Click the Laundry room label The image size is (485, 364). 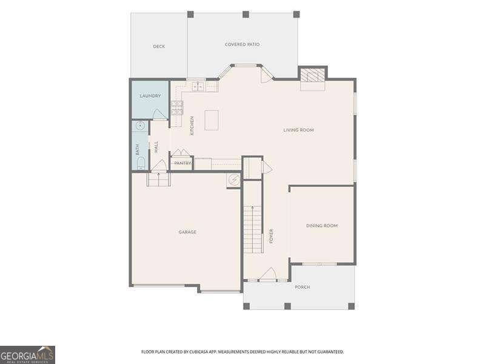[x=150, y=96]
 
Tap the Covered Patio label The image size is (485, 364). [x=242, y=44]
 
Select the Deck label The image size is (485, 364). [x=159, y=47]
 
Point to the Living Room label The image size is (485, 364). [x=298, y=130]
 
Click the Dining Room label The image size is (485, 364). [x=322, y=226]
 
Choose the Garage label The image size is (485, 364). [x=187, y=232]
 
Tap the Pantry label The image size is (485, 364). [x=183, y=163]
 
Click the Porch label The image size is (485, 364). [x=302, y=287]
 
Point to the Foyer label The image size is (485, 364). [x=271, y=236]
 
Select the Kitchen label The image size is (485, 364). [x=192, y=126]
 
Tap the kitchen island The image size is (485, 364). [x=212, y=120]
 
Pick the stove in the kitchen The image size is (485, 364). [x=177, y=108]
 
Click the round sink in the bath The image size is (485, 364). [x=141, y=126]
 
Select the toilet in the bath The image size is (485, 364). [x=141, y=163]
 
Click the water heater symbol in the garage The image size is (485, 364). [x=233, y=180]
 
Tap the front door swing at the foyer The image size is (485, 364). [x=267, y=274]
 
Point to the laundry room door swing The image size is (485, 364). [x=160, y=114]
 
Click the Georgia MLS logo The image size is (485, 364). [x=27, y=355]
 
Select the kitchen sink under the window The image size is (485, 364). [x=198, y=87]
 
